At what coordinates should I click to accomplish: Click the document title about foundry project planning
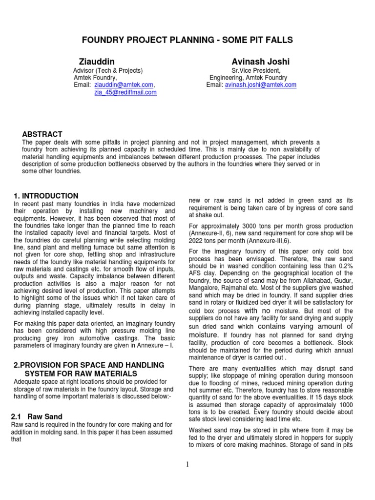[187, 40]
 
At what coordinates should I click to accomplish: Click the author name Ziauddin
[97, 62]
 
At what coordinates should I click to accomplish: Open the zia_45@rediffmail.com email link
[125, 92]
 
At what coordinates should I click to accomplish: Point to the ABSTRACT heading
[42, 134]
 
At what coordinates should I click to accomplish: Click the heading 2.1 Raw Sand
[37, 417]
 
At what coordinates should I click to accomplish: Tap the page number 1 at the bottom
[187, 464]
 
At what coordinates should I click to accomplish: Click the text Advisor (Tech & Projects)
[107, 70]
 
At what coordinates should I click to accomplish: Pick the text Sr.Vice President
[252, 70]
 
